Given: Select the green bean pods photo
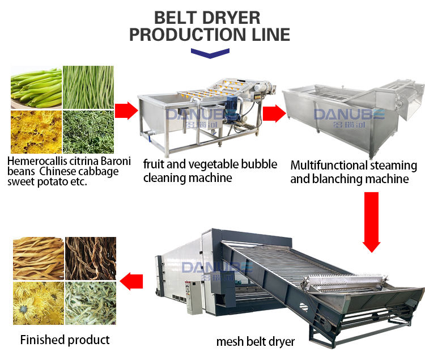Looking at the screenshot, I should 36,87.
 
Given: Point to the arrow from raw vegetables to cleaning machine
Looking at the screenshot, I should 126,110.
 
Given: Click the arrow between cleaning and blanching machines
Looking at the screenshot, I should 274,113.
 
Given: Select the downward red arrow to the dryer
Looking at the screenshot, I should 371,221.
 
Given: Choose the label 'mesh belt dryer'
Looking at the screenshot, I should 256,342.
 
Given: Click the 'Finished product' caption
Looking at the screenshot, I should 65,340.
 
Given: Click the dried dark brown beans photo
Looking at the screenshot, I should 91,258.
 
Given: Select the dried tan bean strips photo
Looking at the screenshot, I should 38,258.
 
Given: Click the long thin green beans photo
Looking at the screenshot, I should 88,87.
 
